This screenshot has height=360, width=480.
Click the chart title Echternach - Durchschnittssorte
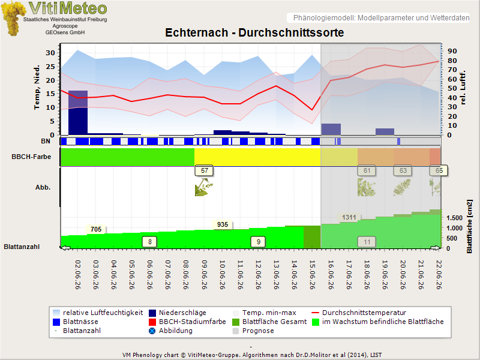tap(254, 32)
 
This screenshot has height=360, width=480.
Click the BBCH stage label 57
tap(204, 171)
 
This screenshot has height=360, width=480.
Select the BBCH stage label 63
tap(403, 171)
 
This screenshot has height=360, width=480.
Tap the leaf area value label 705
tap(96, 229)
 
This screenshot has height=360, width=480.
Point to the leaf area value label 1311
tap(349, 217)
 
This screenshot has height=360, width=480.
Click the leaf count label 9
tap(258, 242)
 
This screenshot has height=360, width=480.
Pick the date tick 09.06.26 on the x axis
tap(204, 275)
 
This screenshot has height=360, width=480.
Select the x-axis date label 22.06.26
tap(439, 275)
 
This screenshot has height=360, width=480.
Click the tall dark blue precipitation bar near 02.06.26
tap(78, 113)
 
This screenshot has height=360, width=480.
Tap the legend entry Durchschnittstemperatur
tap(364, 313)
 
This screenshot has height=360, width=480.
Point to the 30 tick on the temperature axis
tap(50, 53)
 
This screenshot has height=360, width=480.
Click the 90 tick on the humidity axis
tap(452, 51)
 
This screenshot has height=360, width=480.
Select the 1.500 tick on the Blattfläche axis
tap(454, 218)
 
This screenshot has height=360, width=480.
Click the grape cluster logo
tap(13, 18)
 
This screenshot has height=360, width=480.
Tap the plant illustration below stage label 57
tap(203, 187)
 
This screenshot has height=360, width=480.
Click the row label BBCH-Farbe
tap(31, 157)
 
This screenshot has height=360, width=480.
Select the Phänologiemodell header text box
tap(379, 18)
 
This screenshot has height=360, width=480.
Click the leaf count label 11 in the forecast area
tap(367, 242)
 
